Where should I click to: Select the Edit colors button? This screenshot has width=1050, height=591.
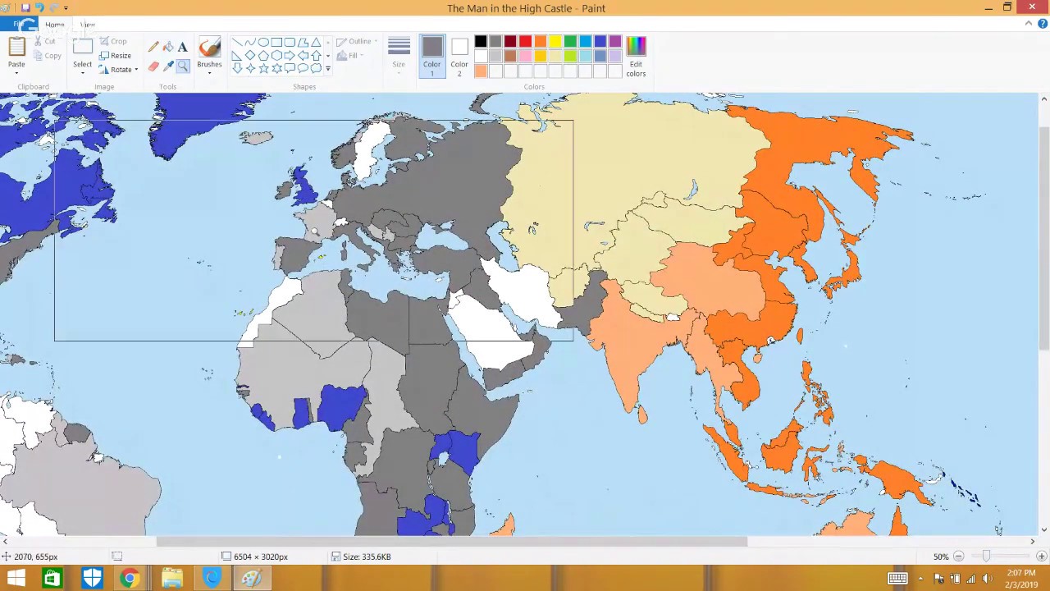point(636,56)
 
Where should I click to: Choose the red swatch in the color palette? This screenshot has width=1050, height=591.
point(525,42)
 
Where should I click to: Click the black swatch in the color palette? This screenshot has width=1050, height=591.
point(481,42)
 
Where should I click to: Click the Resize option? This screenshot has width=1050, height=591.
point(116,56)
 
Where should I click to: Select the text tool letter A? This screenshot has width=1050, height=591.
point(182,47)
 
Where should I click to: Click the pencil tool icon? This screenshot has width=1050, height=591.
point(153,47)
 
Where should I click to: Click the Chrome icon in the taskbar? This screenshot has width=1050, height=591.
point(130,579)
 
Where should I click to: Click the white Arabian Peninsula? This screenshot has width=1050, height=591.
point(492,328)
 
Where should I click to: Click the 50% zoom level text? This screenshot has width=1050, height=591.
point(941,557)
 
